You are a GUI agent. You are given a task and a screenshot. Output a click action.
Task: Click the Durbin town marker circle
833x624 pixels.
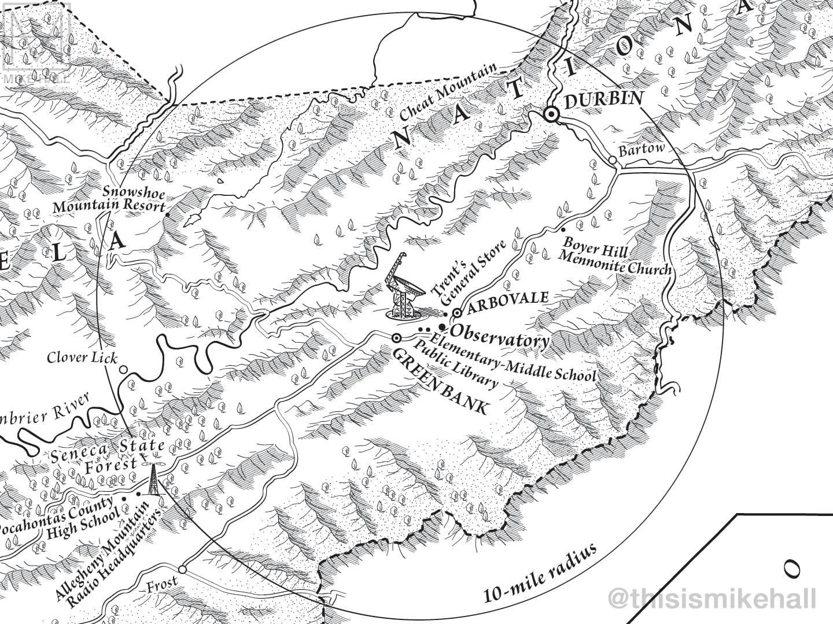coord(552,115)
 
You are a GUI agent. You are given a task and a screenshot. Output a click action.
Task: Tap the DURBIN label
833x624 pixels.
coord(603,101)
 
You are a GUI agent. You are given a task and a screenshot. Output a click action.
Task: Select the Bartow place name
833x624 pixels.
coord(642,150)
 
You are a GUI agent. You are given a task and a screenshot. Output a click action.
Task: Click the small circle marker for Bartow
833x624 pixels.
coord(612,159)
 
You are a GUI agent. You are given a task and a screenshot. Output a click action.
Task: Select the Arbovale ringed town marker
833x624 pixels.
coord(457,313)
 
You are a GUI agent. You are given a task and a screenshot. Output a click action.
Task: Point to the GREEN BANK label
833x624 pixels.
coord(439,381)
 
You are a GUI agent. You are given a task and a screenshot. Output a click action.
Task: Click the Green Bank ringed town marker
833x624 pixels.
coord(397,338)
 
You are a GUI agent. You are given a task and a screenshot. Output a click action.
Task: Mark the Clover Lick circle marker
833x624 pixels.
coord(123,369)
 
